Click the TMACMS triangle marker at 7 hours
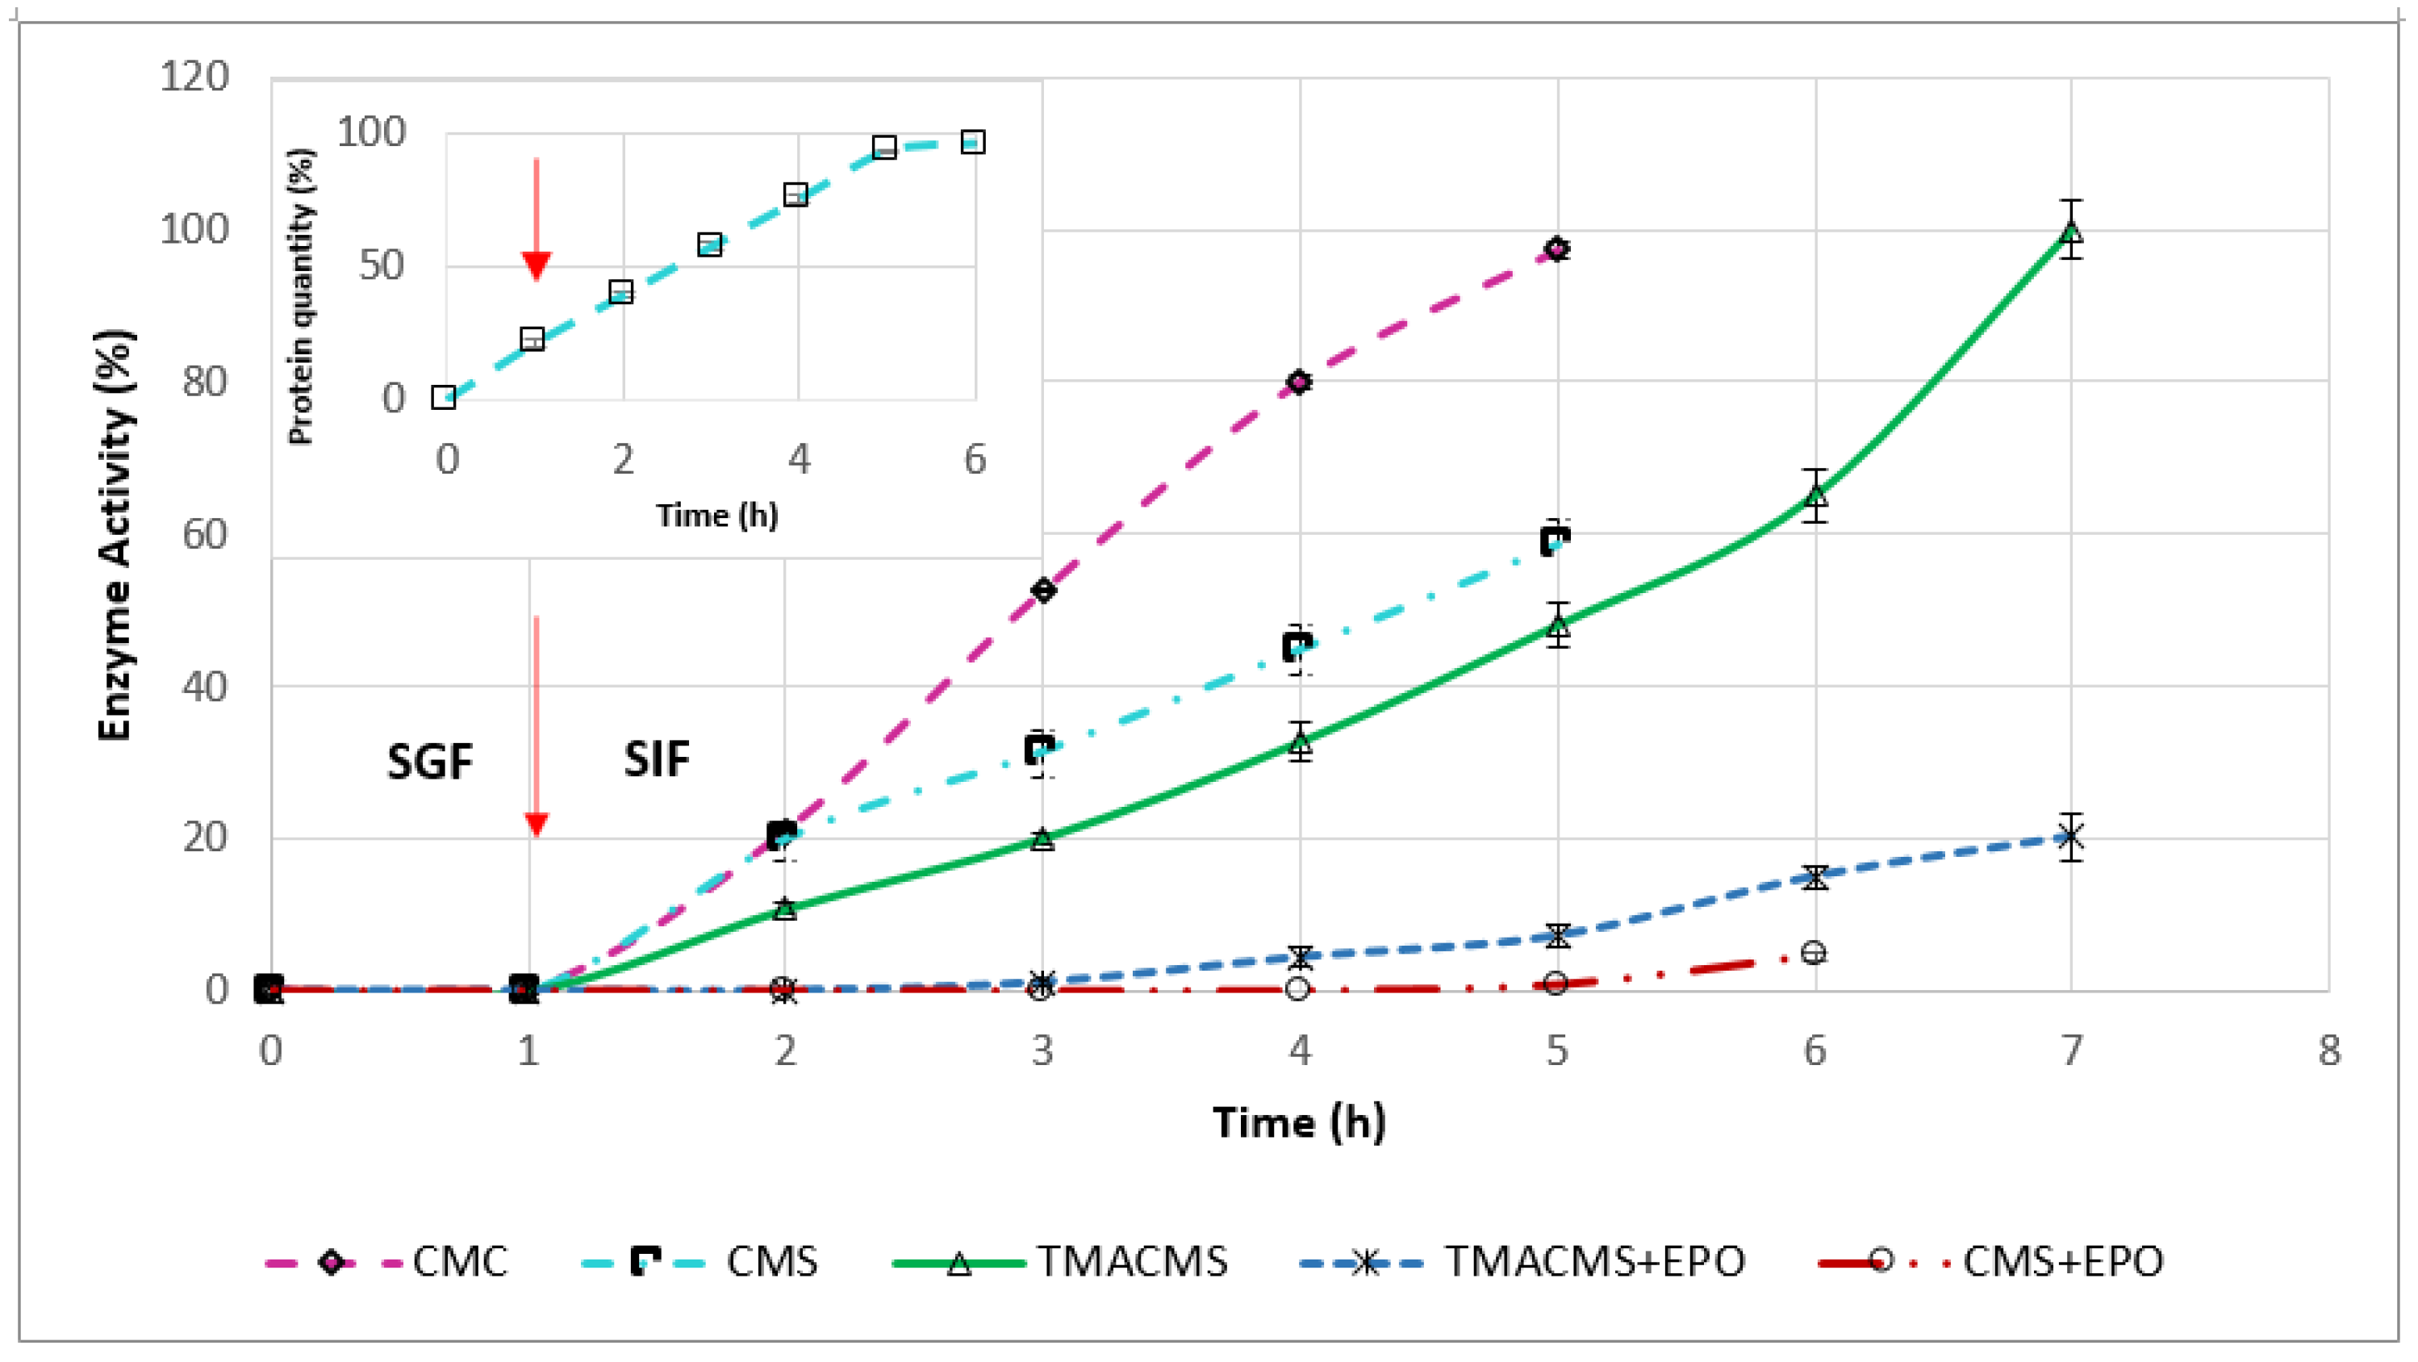click(2071, 231)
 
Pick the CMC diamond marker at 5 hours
click(1556, 249)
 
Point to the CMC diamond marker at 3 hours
click(1042, 591)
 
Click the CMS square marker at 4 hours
click(1297, 647)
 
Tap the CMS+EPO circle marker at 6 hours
click(1814, 952)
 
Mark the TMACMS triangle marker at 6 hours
click(1815, 493)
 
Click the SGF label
click(429, 761)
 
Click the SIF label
click(656, 759)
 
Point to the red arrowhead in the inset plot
click(536, 265)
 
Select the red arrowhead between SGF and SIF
click(536, 824)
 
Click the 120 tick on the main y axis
click(194, 76)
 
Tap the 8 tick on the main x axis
click(2328, 1051)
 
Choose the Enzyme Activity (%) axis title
click(115, 534)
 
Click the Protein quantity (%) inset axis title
click(300, 295)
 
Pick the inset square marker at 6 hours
click(972, 143)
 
